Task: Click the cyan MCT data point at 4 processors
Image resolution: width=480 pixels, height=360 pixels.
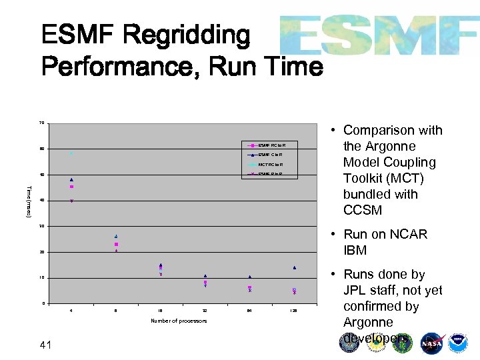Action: pyautogui.click(x=71, y=153)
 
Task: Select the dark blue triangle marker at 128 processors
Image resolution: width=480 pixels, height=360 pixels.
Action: pyautogui.click(x=294, y=267)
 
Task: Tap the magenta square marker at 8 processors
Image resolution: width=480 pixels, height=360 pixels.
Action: pyautogui.click(x=116, y=245)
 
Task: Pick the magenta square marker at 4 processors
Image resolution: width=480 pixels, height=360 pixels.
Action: pyautogui.click(x=71, y=187)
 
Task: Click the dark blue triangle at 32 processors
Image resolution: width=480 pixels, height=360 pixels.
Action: pyautogui.click(x=205, y=275)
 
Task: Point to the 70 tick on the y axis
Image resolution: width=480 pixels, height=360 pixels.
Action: pyautogui.click(x=42, y=123)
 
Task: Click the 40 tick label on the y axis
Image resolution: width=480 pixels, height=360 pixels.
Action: pyautogui.click(x=42, y=201)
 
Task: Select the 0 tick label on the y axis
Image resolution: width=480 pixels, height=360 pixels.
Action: pyautogui.click(x=43, y=304)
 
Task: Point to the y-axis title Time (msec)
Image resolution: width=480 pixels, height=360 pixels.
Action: pyautogui.click(x=29, y=200)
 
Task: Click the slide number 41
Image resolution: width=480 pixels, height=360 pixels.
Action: pyautogui.click(x=46, y=344)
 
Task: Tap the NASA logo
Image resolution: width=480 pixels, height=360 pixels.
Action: pyautogui.click(x=432, y=343)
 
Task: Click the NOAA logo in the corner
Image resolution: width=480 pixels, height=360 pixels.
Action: pyautogui.click(x=458, y=343)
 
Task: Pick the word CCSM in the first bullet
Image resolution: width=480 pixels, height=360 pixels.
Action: pyautogui.click(x=363, y=210)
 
